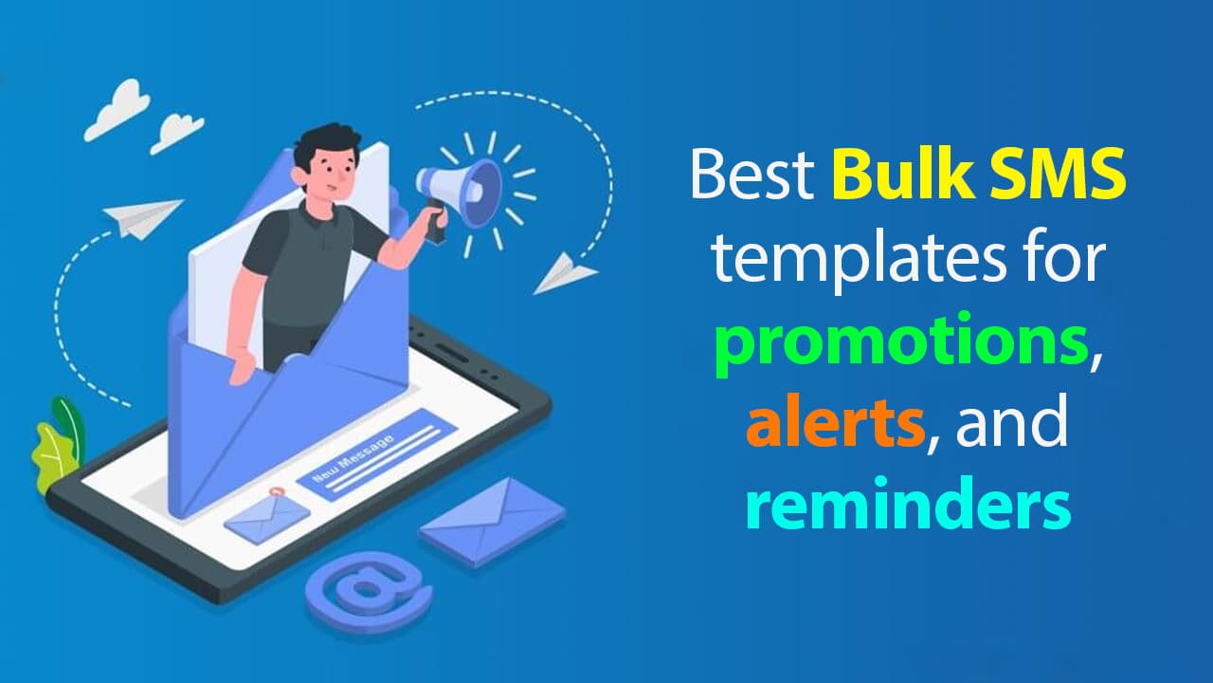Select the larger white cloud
117,109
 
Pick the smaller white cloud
177,133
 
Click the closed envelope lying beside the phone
492,522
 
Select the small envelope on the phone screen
266,517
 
